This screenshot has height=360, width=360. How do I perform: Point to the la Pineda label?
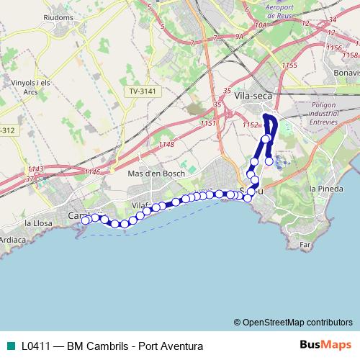[323, 189]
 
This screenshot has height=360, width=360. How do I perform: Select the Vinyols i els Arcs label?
[30, 86]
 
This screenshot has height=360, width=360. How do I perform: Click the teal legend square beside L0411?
[11, 346]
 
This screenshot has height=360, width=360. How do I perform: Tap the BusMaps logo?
[325, 346]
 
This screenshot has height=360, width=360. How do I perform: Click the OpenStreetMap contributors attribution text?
[297, 322]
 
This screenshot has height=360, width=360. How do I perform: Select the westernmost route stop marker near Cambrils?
[86, 220]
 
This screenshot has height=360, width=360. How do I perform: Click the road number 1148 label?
[166, 145]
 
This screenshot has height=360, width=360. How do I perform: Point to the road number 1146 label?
[92, 171]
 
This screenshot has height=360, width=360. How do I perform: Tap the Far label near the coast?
[305, 245]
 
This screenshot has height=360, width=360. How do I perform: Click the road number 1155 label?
[289, 66]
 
